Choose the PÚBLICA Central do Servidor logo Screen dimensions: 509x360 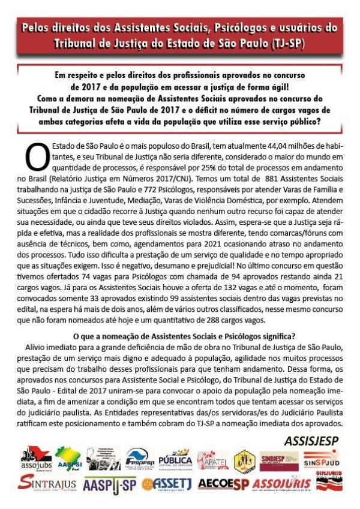[x=175, y=460]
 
